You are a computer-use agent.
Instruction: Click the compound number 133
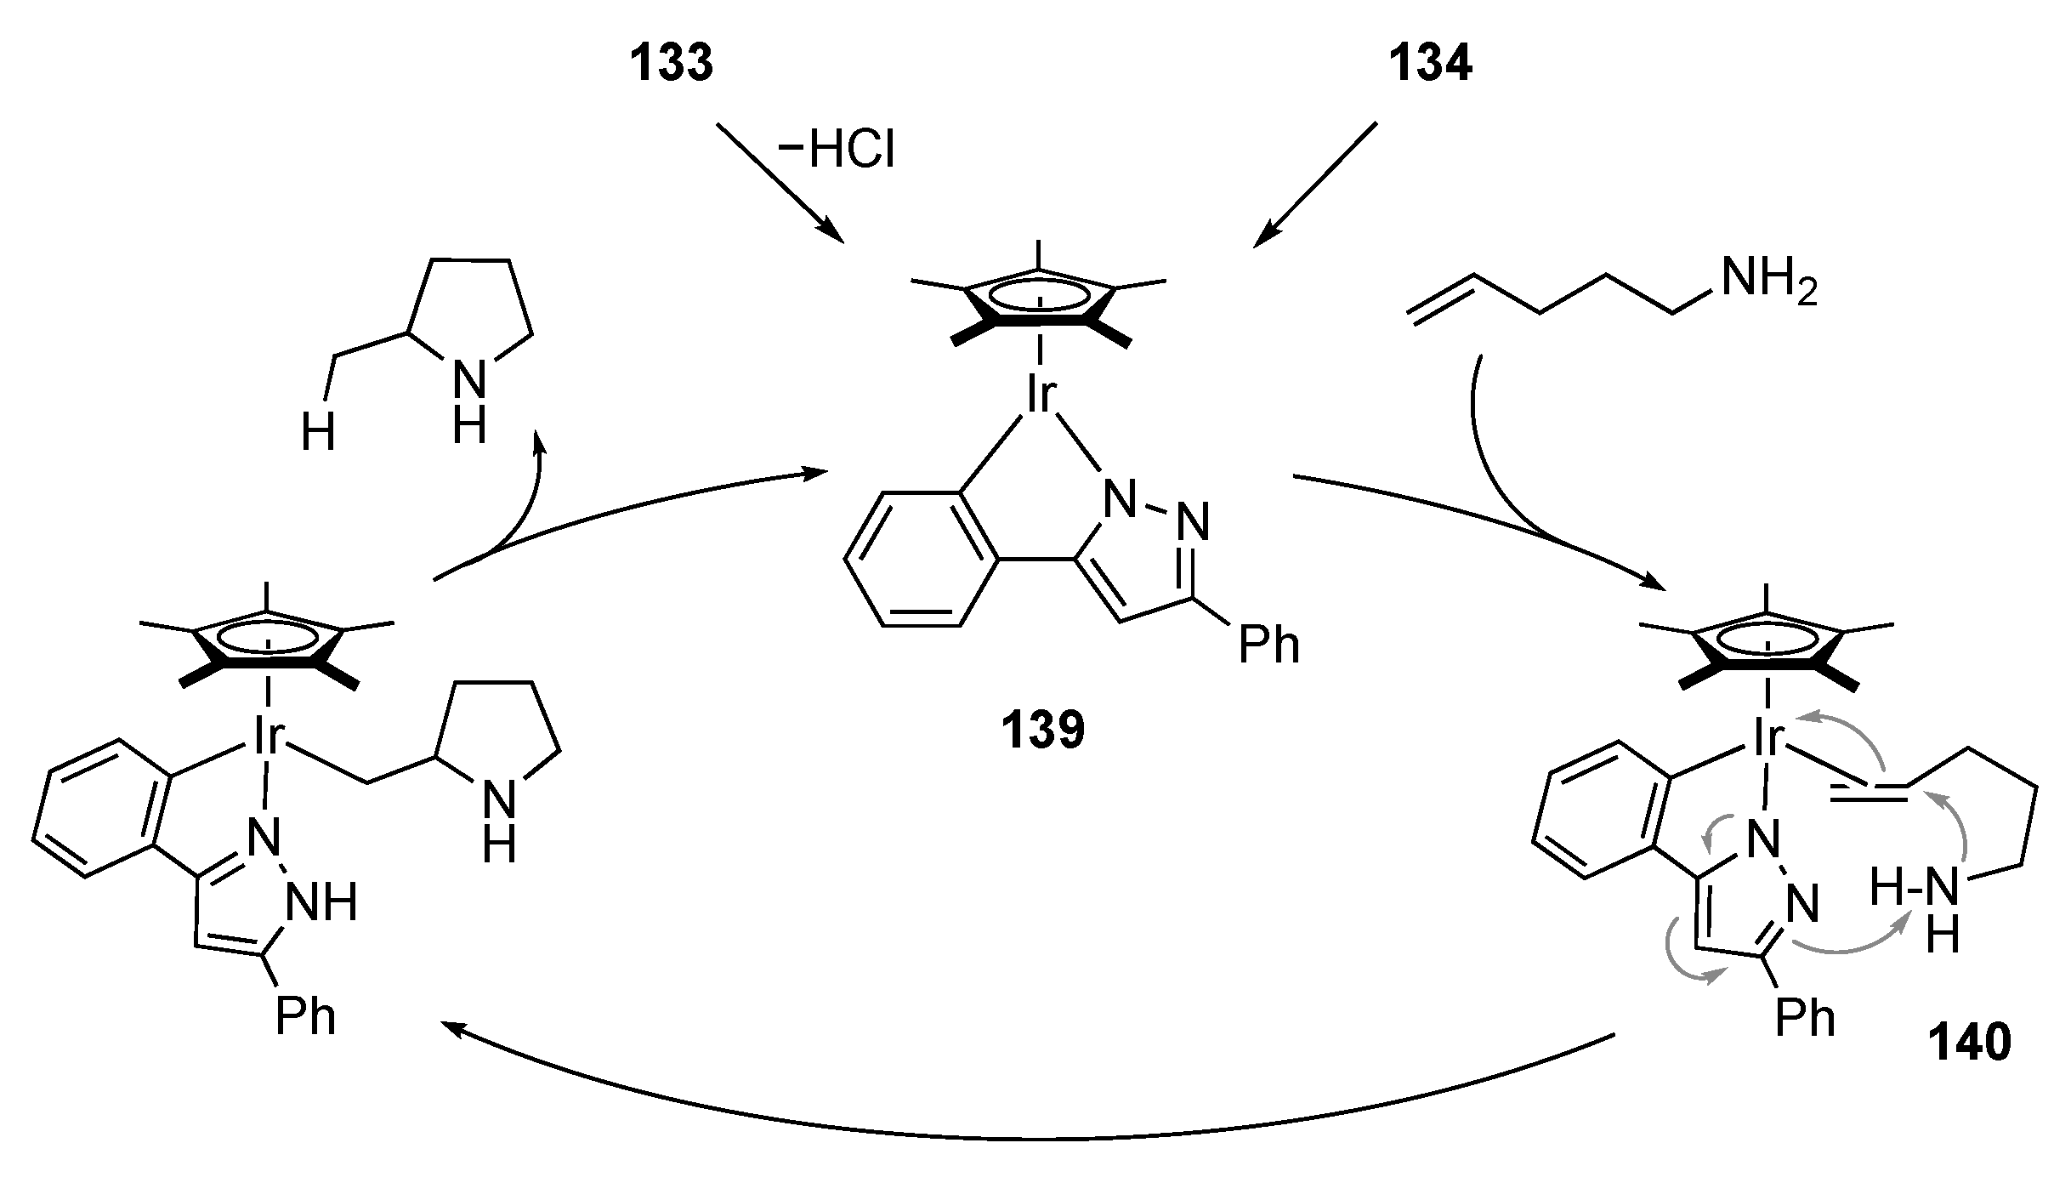click(x=671, y=64)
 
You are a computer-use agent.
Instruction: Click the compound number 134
click(x=1430, y=64)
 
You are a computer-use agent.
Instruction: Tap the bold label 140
click(x=1969, y=1043)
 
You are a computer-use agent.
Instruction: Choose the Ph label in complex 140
click(x=1805, y=1018)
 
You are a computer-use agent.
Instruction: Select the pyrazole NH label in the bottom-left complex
click(x=322, y=904)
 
